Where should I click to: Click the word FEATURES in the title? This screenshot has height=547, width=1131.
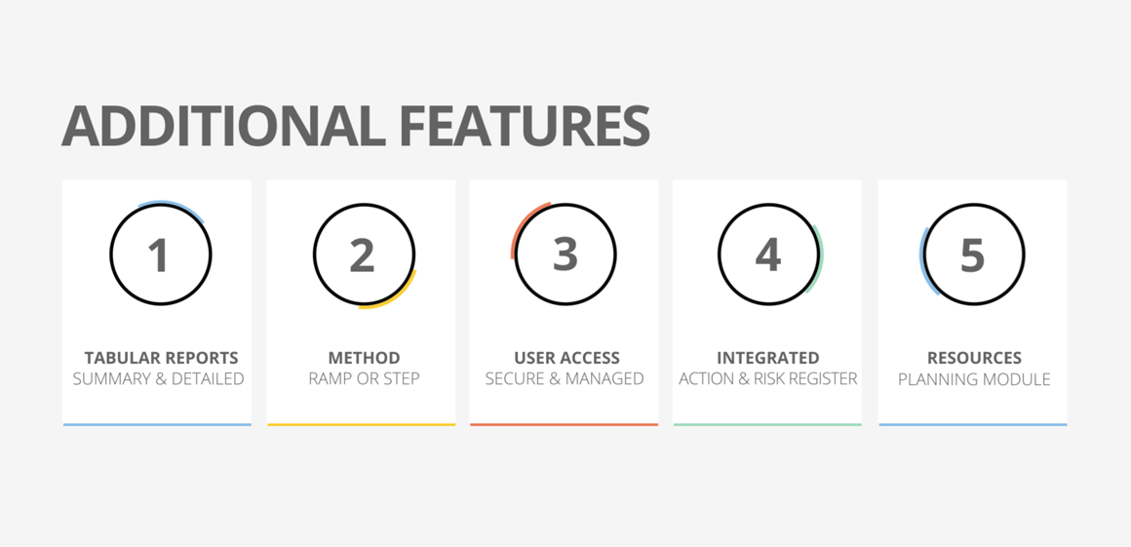pos(525,126)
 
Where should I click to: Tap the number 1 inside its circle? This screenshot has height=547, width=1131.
pos(158,255)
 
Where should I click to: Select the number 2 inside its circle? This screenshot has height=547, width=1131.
pos(362,255)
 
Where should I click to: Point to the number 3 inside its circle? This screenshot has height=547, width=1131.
pos(565,254)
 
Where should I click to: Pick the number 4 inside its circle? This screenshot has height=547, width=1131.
pos(768,255)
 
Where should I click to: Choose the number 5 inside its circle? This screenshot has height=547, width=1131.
pos(972,255)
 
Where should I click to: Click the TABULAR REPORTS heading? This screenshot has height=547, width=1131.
pos(161,358)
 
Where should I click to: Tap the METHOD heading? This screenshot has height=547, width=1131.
pos(364,358)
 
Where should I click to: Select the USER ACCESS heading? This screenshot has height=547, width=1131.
pos(566,358)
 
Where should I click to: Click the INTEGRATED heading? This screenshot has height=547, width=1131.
pos(767,358)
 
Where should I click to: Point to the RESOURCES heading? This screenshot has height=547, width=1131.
pos(974,358)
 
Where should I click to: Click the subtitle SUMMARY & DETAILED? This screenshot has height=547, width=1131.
pos(158,379)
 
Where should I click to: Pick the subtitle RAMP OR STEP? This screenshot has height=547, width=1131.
pos(364,379)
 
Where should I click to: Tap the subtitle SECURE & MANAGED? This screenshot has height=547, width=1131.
pos(565,379)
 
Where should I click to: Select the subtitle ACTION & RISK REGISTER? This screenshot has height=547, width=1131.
pos(767,379)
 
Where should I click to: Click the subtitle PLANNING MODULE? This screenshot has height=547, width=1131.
pos(974,379)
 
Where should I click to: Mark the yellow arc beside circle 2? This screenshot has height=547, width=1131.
pos(399,296)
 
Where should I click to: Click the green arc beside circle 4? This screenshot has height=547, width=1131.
pos(819,259)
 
